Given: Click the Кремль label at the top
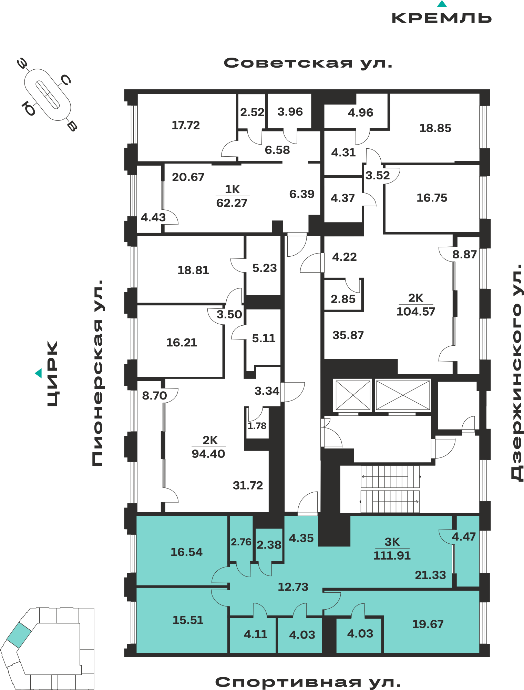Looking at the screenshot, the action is (442, 18).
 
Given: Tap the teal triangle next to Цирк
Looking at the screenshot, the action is (39, 373).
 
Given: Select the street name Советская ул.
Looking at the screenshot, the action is (308, 63).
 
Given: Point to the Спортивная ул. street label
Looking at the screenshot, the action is (308, 682).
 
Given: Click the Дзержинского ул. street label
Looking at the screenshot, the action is (517, 372).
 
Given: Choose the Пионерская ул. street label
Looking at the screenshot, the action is (97, 373).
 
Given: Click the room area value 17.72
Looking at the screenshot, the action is (186, 125).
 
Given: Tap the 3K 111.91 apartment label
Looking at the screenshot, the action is (392, 549).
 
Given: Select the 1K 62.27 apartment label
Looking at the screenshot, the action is (232, 196).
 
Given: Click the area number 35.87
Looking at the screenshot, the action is (348, 335).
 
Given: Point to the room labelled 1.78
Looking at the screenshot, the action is (257, 426).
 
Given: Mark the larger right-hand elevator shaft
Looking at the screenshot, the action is (403, 395).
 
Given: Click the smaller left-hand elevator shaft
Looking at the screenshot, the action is (353, 395).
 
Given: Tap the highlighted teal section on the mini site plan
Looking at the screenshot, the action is (19, 635).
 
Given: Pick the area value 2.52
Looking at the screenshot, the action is (252, 112).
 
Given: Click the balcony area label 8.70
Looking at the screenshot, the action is (154, 395).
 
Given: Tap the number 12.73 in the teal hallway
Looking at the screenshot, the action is (293, 587).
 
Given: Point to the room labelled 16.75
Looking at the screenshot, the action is (432, 198).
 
